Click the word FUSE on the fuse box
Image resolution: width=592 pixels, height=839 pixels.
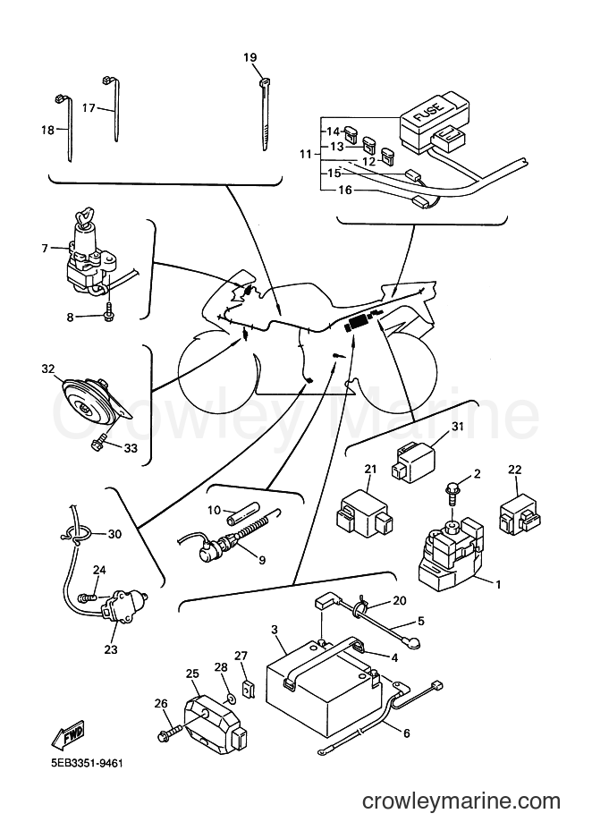(x=428, y=114)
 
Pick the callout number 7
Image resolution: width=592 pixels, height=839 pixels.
(x=45, y=249)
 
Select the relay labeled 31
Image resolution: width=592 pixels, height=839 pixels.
(x=414, y=462)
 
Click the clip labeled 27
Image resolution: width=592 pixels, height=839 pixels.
(x=248, y=689)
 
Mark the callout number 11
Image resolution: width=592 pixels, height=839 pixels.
(x=305, y=155)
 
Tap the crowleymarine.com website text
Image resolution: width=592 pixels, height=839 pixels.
(x=461, y=801)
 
